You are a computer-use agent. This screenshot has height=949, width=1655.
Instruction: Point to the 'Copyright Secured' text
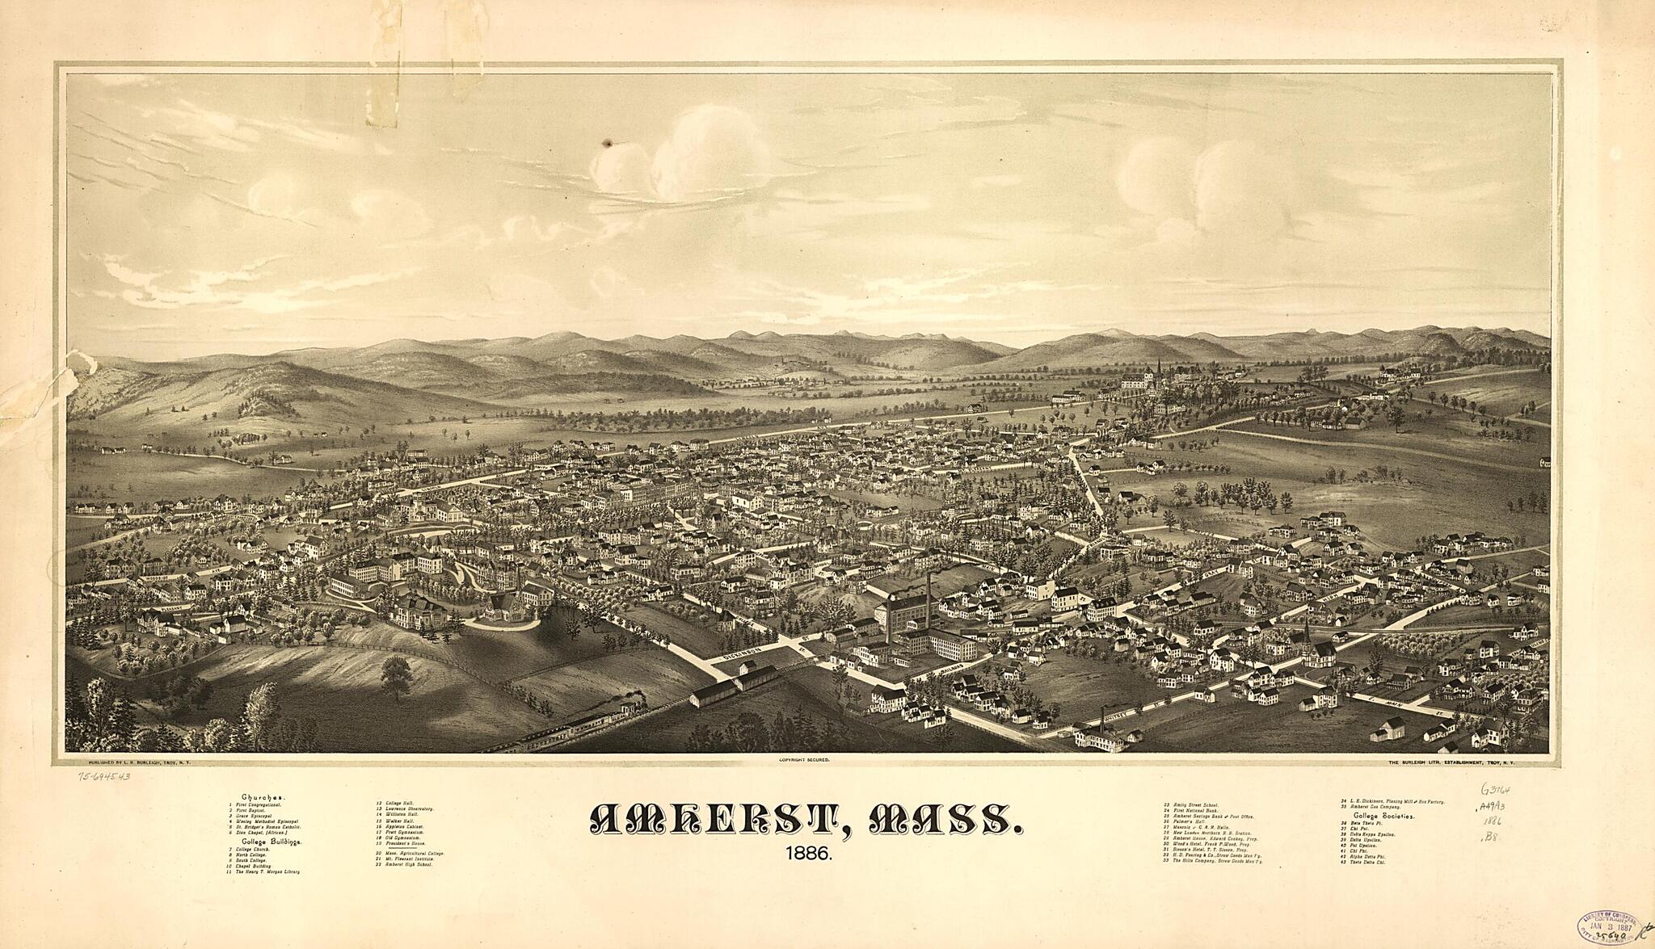tap(804, 761)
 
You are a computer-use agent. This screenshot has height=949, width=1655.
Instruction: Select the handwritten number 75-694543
tap(105, 777)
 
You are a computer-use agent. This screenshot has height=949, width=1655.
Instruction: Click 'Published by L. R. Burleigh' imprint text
tap(128, 762)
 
